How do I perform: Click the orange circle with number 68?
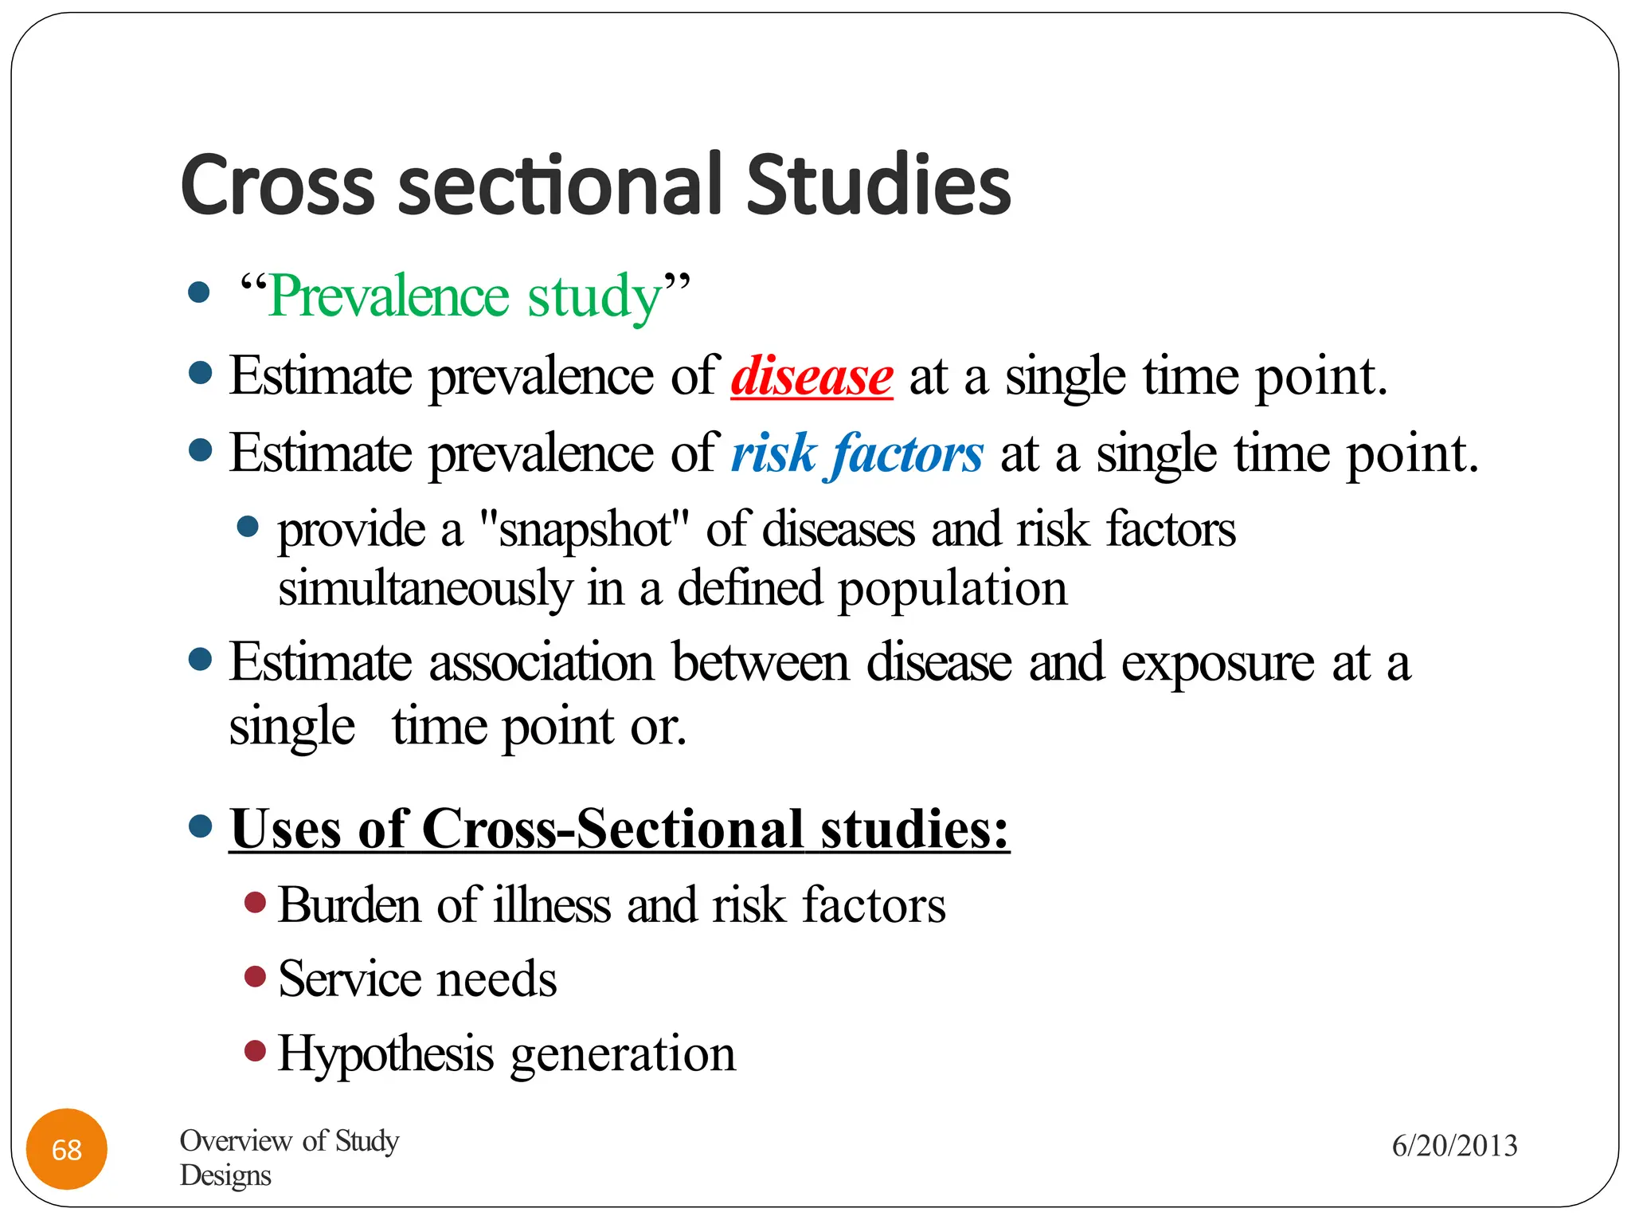pyautogui.click(x=67, y=1149)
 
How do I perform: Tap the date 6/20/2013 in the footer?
pyautogui.click(x=1454, y=1146)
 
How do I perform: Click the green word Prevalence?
pyautogui.click(x=388, y=296)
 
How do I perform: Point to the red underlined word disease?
pyautogui.click(x=812, y=376)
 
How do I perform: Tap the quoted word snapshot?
pyautogui.click(x=585, y=530)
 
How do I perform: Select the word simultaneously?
pyautogui.click(x=425, y=589)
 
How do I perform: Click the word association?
pyautogui.click(x=542, y=662)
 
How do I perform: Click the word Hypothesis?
pyautogui.click(x=385, y=1054)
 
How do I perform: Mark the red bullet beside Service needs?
pyautogui.click(x=255, y=976)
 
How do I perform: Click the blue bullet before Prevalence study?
pyautogui.click(x=199, y=292)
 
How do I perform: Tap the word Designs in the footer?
pyautogui.click(x=225, y=1175)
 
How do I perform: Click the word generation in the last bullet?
pyautogui.click(x=623, y=1054)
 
